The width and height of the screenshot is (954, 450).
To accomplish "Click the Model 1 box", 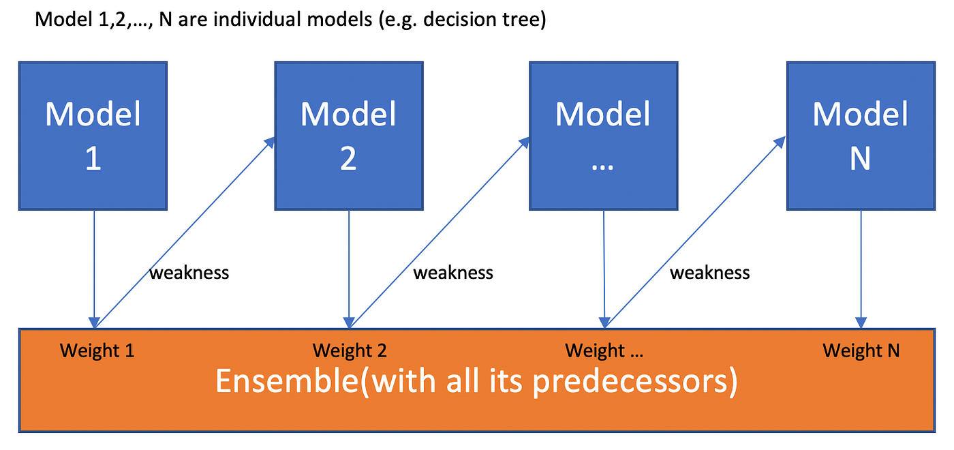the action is point(93,136).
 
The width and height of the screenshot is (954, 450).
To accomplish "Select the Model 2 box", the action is point(349,136).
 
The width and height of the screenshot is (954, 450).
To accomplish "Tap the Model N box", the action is point(861,136).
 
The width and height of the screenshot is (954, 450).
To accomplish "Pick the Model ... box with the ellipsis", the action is point(604,136).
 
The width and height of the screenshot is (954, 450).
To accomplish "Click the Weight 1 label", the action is point(97,350).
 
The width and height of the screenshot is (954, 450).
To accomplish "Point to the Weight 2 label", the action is point(350,350).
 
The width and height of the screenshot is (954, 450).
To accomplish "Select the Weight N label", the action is point(861,350).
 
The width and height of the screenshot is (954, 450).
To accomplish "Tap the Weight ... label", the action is point(604,350).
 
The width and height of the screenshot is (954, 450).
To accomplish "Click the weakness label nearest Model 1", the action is point(189,273).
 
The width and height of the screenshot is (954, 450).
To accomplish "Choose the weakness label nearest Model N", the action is point(709,273).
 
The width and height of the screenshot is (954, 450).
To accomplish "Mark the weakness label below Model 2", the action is point(453,273).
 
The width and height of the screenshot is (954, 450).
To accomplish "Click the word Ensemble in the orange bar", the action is point(288,380).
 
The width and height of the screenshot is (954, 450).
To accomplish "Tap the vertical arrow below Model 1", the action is point(94,269).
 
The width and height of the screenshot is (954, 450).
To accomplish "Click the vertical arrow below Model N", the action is point(861,269).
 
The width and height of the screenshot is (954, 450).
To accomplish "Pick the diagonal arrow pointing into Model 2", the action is point(185,232).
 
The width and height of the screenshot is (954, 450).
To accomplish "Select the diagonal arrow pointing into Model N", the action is point(695,232).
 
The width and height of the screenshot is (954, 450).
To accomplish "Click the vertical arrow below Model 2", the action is point(349,269).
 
